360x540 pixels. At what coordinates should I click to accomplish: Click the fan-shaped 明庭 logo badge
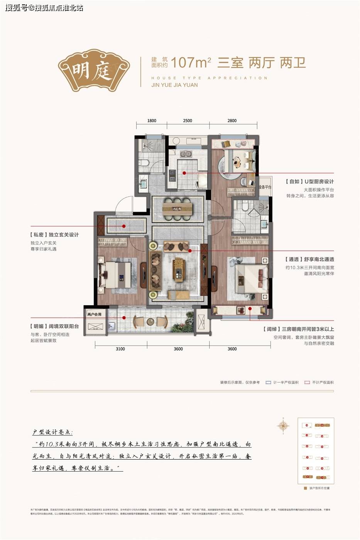(91, 70)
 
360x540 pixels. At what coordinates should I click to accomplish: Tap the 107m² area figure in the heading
(191, 62)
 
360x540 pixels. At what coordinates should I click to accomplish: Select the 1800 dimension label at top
(152, 121)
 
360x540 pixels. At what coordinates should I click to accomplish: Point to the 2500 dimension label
(188, 121)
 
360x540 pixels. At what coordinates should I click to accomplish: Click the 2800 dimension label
(232, 121)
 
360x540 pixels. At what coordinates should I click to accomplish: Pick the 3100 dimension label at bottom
(120, 349)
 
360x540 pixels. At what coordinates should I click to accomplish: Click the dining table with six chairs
(177, 208)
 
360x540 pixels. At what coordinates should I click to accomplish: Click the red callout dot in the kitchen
(184, 173)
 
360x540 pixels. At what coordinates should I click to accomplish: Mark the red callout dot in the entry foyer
(124, 226)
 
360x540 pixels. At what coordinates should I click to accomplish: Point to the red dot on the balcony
(124, 318)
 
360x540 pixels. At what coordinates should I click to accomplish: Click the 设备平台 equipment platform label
(265, 187)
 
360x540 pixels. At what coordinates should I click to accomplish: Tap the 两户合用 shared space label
(94, 314)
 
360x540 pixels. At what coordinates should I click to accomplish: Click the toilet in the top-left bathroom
(144, 162)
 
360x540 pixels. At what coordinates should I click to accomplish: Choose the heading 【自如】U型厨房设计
(309, 181)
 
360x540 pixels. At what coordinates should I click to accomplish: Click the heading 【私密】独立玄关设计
(54, 235)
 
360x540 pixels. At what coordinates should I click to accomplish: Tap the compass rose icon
(283, 426)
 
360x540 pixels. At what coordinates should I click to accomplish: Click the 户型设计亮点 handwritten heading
(52, 432)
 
